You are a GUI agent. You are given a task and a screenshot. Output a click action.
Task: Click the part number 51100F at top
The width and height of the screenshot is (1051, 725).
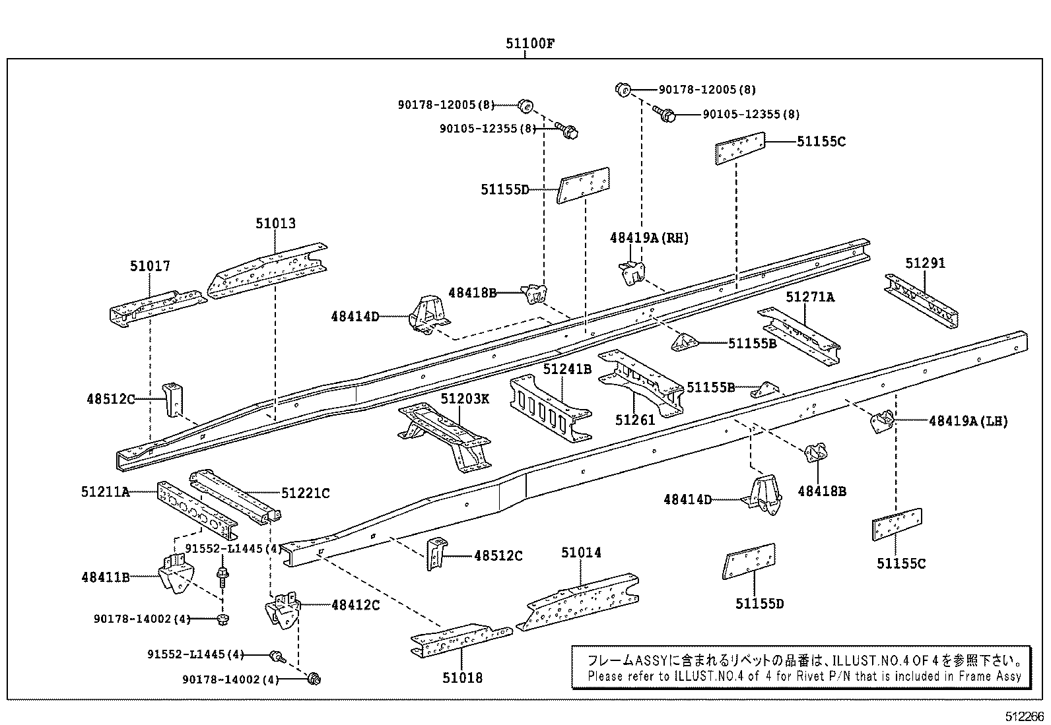coord(529,44)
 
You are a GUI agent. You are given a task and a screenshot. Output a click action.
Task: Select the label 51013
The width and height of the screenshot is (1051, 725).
coord(275,224)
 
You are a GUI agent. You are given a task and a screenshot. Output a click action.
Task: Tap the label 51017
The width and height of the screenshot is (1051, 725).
coord(150,266)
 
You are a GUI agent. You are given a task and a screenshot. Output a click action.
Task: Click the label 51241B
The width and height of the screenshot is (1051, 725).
coord(567,369)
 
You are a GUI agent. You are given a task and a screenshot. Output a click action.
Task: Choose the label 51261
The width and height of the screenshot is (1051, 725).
coord(634,420)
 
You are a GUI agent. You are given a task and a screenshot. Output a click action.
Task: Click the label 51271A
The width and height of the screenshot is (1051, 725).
coord(809,298)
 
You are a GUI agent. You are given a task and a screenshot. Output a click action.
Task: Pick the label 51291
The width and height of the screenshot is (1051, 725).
coord(925,263)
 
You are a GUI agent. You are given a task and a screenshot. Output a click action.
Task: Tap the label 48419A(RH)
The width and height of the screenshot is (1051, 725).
coord(649,238)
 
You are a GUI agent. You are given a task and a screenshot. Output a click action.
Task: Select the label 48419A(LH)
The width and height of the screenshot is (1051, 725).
coord(968,420)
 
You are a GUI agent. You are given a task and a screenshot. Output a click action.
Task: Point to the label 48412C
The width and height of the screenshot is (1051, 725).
coord(355,604)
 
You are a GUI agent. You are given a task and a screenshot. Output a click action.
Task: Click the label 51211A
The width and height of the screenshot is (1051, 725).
coord(106,491)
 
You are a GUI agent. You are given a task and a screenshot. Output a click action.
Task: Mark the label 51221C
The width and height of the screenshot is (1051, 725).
coord(305,493)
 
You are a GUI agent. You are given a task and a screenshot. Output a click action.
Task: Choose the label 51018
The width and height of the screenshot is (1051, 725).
coord(462,678)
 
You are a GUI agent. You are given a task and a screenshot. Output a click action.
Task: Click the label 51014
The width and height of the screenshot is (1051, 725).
coord(581,552)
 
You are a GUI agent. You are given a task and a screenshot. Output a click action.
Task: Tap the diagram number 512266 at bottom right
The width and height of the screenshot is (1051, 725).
coord(1025,716)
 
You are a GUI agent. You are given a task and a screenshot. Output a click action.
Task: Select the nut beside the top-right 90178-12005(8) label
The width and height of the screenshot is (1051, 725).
coord(621,88)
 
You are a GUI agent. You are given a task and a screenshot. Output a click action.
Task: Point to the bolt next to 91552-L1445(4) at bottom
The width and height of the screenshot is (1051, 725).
coord(276,656)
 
